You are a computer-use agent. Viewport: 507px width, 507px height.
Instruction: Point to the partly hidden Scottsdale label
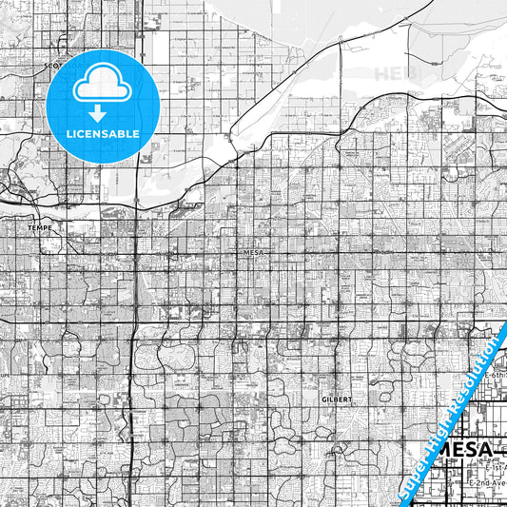tap(52, 67)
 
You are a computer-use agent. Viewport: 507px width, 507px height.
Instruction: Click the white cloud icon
tap(103, 83)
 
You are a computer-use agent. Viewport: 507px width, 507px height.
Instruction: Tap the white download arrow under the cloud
tap(103, 112)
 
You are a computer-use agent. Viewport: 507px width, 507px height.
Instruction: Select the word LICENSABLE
tap(103, 134)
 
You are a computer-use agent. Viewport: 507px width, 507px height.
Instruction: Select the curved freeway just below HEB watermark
tap(380, 107)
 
